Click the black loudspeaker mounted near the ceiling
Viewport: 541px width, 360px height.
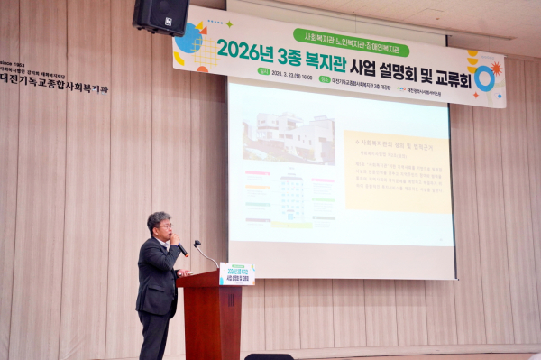160,15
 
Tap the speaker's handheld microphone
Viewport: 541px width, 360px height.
180,247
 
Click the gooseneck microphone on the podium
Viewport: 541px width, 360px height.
204,253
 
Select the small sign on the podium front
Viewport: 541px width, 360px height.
236,273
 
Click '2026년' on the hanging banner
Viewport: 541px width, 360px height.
244,49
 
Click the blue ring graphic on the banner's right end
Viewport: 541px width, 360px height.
484,78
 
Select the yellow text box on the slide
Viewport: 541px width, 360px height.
397,171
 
